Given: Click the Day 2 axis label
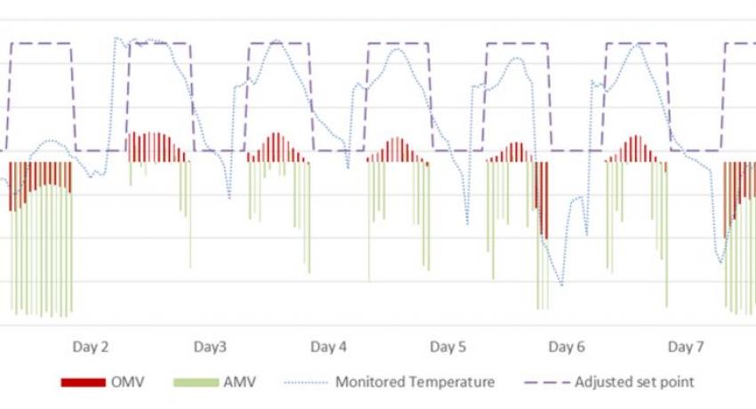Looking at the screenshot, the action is coord(90,347).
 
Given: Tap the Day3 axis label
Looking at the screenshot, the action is coord(210,347).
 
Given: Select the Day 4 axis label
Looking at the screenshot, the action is coord(328,347).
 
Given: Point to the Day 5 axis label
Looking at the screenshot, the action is coord(448,347).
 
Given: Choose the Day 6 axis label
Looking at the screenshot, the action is coord(567,347).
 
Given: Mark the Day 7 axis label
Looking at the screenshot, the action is coord(686,347).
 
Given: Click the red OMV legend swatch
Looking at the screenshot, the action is coord(83,382).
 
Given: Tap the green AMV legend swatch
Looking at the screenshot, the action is coord(196,382).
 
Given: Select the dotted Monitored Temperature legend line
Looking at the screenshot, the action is coord(306,382).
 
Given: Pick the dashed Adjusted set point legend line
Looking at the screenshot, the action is coord(547,382).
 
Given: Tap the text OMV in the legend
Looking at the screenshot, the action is coord(127,382).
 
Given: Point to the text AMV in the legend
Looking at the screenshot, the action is coord(239,382).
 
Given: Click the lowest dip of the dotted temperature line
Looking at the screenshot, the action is coord(561,285).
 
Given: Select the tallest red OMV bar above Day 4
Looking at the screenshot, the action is coord(277,148).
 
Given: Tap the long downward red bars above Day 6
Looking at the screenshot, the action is coord(542,199).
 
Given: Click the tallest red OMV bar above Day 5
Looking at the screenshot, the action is coord(398,150).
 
